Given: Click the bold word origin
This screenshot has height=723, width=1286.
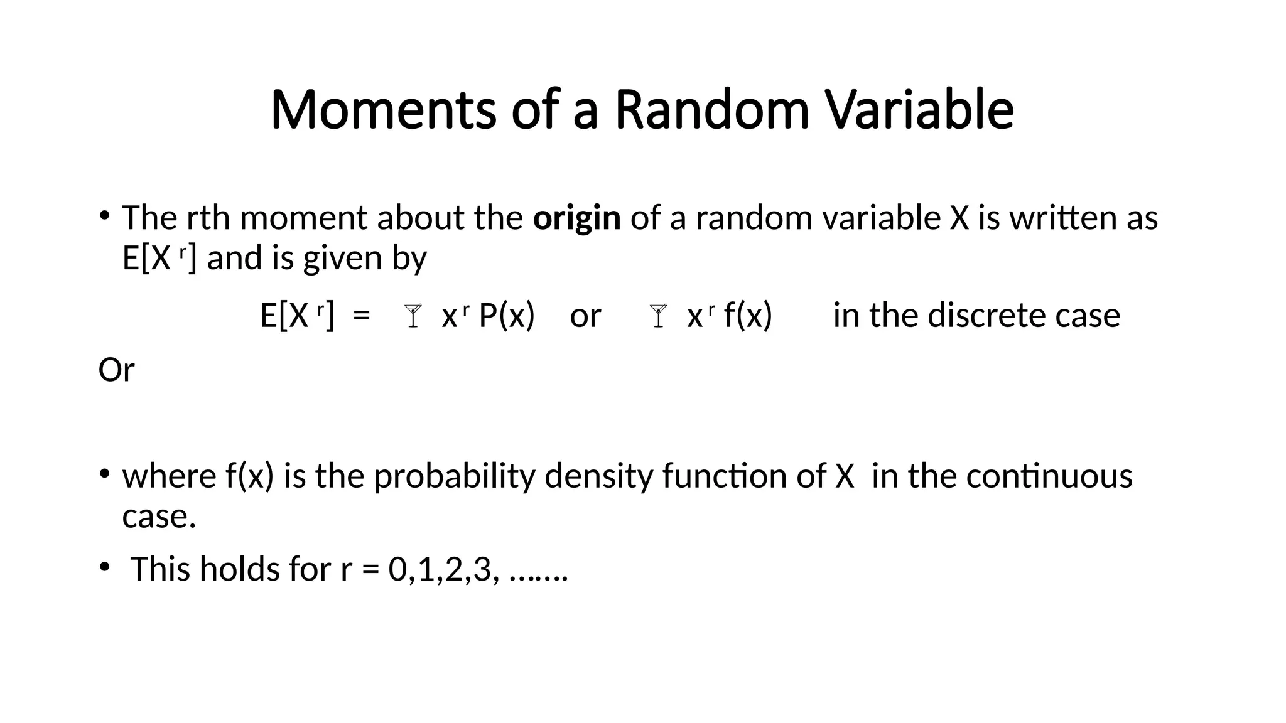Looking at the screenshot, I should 576,219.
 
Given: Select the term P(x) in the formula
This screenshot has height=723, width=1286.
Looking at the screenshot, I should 506,315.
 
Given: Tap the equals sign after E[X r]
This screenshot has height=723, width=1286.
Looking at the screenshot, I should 362,315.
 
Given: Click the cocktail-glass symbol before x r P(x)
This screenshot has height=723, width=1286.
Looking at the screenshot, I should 413,316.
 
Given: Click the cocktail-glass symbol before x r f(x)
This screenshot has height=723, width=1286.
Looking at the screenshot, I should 658,316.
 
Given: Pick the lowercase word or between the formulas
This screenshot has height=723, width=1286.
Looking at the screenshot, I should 585,316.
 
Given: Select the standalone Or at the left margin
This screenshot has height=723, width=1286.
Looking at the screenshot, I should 116,370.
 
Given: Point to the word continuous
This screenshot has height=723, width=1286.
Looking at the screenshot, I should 1049,476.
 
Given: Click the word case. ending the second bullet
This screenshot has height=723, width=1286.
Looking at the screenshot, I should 159,517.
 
